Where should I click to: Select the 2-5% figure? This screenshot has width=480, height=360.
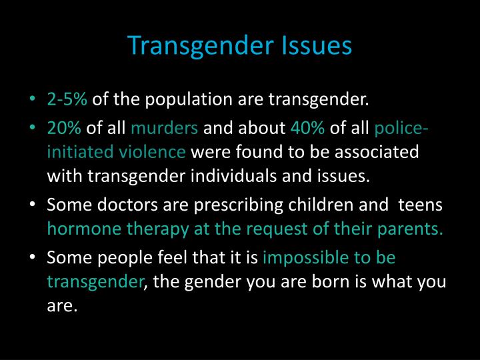67,100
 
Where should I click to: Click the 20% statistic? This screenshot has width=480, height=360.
65,127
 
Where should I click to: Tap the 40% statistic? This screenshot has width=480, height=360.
308,127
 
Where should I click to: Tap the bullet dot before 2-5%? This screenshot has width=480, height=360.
35,101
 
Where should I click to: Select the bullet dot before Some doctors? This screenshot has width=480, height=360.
35,205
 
